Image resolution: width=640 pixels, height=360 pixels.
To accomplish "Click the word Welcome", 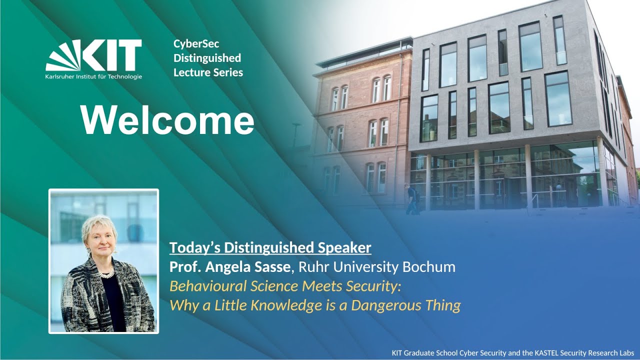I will tap(167, 120).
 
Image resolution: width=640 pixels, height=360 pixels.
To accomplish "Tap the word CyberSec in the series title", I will tap(196, 44).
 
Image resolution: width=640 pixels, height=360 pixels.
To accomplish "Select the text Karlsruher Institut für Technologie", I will tap(94, 76).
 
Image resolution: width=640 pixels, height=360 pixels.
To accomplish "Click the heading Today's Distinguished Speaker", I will tap(270, 247).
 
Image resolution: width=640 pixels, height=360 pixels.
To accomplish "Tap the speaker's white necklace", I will tap(106, 273).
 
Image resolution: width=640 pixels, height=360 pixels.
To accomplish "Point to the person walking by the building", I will tap(412, 199).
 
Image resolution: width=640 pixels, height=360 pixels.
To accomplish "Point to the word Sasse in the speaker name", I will tap(271, 266).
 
